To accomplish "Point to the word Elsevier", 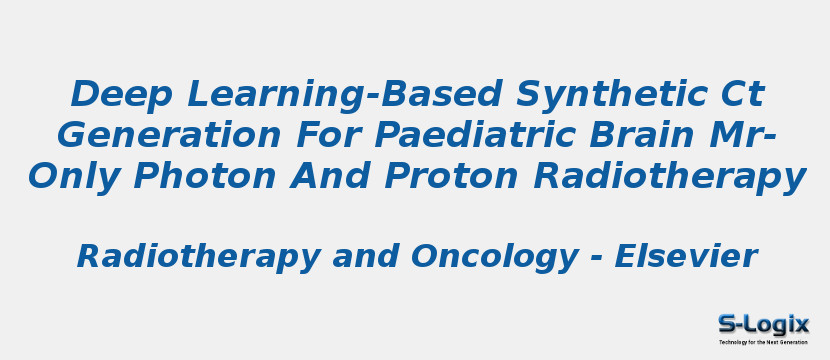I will [x=685, y=257].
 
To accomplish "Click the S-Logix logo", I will [x=763, y=324].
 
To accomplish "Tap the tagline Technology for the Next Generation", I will [x=763, y=342].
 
